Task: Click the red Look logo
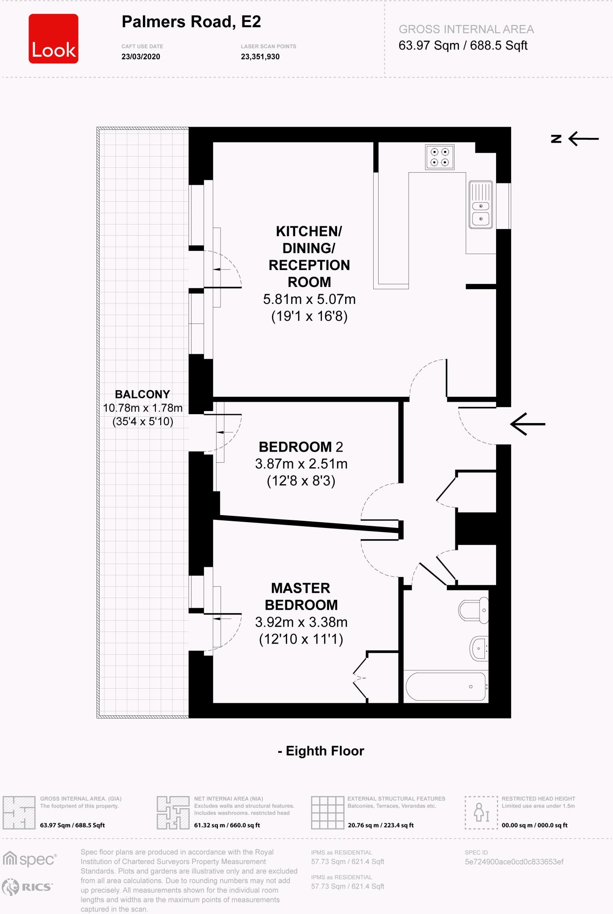(54, 38)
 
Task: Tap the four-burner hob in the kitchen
(439, 157)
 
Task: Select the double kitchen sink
(481, 205)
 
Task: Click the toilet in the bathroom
(474, 610)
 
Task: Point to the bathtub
(446, 686)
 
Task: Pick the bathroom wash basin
(479, 648)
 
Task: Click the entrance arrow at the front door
(528, 424)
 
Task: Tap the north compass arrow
(583, 138)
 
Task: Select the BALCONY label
(142, 394)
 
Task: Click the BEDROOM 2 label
(300, 447)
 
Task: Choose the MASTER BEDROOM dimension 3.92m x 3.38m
(301, 622)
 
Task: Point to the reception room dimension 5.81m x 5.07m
(309, 299)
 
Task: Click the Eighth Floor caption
(321, 751)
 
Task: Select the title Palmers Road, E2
(191, 22)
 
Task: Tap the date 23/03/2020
(141, 57)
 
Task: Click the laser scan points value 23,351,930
(260, 57)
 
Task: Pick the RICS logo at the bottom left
(27, 887)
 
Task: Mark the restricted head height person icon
(481, 812)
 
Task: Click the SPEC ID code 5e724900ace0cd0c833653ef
(514, 862)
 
